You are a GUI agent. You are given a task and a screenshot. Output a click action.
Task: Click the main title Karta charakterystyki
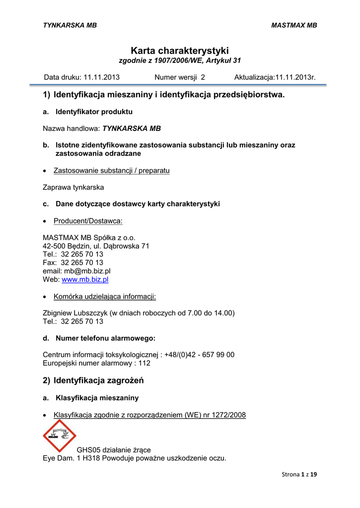tap(180, 51)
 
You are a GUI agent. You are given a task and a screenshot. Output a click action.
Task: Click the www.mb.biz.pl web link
tap(85, 279)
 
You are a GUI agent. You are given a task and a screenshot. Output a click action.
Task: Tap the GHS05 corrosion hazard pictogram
tap(59, 436)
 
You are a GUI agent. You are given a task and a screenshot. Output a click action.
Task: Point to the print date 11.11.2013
tap(101, 77)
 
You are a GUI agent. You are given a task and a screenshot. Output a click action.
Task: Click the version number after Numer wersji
tap(203, 77)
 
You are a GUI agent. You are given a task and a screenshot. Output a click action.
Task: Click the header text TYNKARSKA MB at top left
tap(70, 25)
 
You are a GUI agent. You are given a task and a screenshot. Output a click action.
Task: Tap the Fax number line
tap(73, 262)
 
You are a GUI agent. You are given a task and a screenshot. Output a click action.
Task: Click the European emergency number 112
tap(144, 363)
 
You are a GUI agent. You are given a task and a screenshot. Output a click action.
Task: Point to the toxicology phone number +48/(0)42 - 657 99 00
tap(199, 354)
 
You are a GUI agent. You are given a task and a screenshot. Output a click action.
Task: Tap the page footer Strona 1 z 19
tap(299, 474)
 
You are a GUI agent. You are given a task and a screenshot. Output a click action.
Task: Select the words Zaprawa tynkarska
tap(73, 188)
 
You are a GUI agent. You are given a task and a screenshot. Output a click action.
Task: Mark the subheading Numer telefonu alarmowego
tap(105, 338)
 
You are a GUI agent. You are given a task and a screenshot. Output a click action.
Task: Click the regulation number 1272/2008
tap(229, 415)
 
